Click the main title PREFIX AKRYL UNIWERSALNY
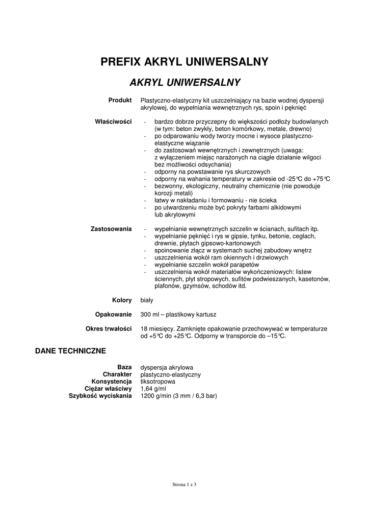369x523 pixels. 184,62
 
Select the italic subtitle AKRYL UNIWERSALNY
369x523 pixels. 185,82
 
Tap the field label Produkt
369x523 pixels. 120,100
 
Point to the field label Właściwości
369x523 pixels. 113,122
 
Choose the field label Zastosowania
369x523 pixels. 111,228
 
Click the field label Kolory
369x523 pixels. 122,300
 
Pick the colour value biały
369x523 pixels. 147,300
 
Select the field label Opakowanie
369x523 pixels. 113,314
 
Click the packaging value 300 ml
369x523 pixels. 150,314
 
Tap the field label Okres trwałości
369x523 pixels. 108,328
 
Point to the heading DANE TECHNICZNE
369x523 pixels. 70,351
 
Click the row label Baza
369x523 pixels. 124,367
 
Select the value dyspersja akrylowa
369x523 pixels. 166,367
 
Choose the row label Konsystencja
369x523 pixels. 112,382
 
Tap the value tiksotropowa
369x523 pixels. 157,382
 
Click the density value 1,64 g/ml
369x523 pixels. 152,389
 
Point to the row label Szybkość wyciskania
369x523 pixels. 100,396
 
